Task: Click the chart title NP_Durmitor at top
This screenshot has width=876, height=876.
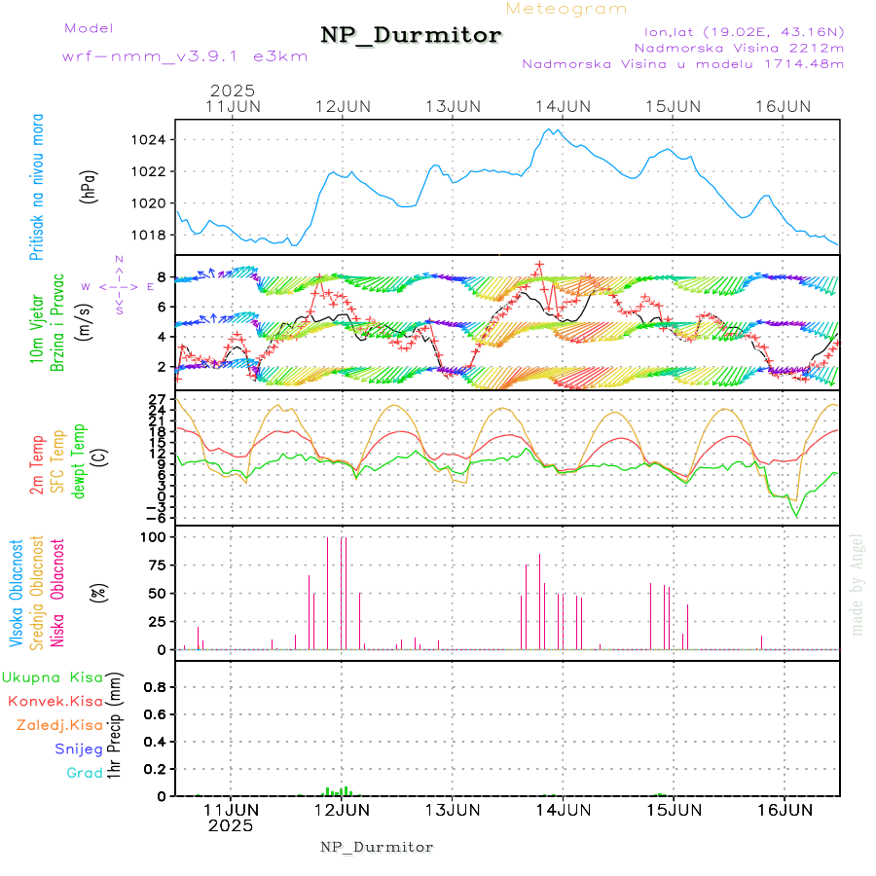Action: coord(411,36)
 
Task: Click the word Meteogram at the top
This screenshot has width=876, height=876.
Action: coord(566,9)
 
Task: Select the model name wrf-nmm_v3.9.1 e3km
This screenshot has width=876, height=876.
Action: coord(185,56)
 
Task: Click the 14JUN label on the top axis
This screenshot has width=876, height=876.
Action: coord(563,106)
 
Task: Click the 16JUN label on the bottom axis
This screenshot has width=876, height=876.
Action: coord(784,809)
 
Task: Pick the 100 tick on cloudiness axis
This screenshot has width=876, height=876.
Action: coord(155,537)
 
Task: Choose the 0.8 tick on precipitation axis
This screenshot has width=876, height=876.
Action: coord(156,687)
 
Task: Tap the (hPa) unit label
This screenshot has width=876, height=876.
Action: coord(90,186)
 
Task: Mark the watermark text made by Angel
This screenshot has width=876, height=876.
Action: coord(858,584)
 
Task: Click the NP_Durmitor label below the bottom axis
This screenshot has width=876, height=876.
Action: coord(377,847)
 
